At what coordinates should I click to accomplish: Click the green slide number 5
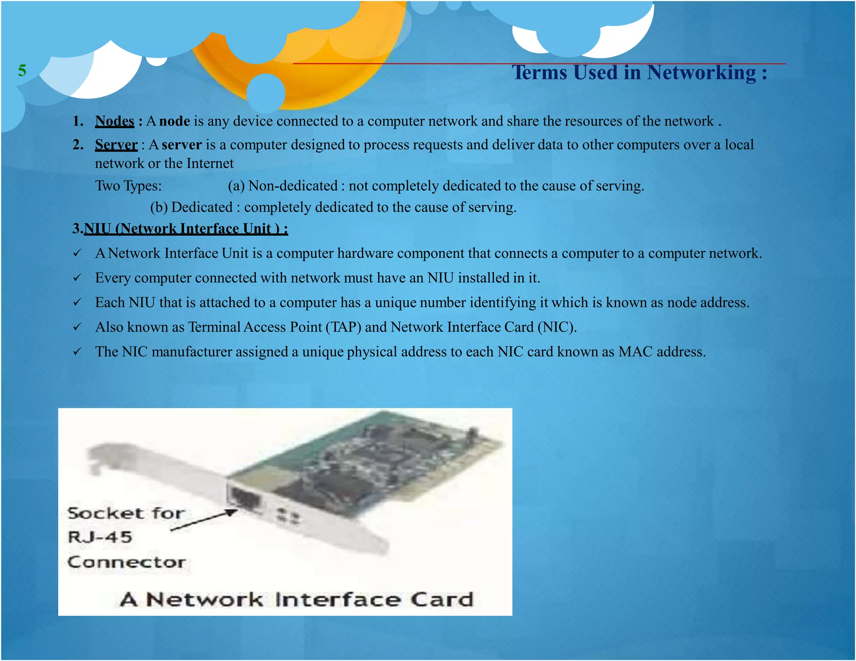tap(22, 70)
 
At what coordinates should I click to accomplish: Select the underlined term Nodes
tap(115, 121)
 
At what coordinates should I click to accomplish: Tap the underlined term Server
tap(116, 145)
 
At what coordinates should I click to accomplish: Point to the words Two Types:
tap(128, 186)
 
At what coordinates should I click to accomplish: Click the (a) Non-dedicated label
tap(283, 186)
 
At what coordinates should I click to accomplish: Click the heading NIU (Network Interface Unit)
tap(186, 229)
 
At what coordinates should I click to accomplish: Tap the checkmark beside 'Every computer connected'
tap(77, 278)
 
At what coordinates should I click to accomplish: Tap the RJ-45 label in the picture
tap(100, 537)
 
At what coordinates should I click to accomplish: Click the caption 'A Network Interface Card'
tap(296, 600)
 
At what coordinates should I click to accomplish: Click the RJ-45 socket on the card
tap(244, 499)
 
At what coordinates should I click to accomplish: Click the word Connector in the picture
tap(126, 562)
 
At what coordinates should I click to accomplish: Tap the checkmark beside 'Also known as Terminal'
tap(77, 327)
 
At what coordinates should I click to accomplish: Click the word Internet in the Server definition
tap(210, 163)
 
